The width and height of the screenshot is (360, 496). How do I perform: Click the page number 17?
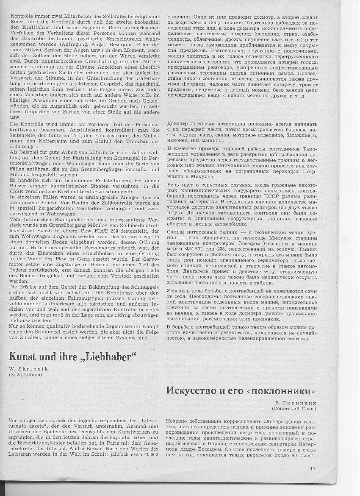(313, 468)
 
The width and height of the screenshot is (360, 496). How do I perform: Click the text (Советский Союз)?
(294, 409)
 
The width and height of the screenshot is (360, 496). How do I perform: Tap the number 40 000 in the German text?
(147, 454)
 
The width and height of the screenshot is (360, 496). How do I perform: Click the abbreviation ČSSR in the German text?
(17, 192)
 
